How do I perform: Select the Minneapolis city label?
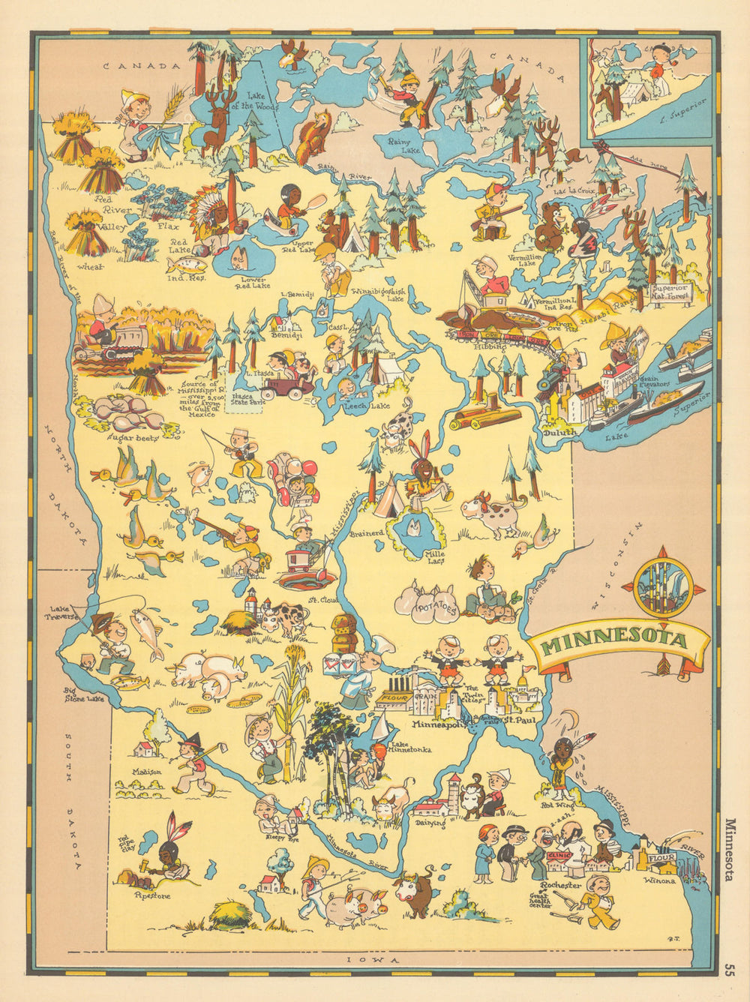(x=439, y=725)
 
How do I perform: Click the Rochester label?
(x=564, y=886)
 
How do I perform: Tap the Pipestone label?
(x=152, y=895)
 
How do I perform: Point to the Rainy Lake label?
(x=401, y=145)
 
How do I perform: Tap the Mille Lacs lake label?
(x=435, y=558)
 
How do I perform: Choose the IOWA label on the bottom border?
(x=367, y=961)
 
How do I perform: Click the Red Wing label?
(x=553, y=804)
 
